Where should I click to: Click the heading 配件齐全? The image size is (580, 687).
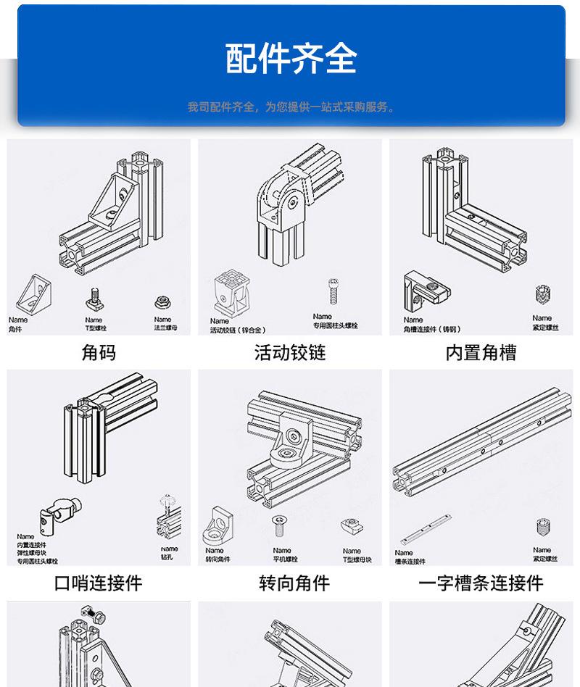(x=291, y=59)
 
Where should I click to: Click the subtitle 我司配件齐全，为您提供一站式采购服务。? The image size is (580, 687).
(x=291, y=107)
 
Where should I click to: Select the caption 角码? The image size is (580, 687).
(x=99, y=353)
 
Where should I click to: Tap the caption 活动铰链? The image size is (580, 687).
(x=290, y=353)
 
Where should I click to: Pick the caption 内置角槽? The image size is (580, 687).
(x=481, y=353)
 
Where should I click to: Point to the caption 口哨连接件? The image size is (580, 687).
(x=99, y=583)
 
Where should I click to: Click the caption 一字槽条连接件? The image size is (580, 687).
(x=481, y=583)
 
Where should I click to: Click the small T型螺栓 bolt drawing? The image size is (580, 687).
(x=94, y=299)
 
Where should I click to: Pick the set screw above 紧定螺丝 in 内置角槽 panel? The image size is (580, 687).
(x=542, y=296)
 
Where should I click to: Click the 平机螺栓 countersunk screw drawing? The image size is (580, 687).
(x=279, y=526)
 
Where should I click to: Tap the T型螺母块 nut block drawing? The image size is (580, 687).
(x=352, y=528)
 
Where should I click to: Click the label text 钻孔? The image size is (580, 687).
(x=169, y=558)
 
